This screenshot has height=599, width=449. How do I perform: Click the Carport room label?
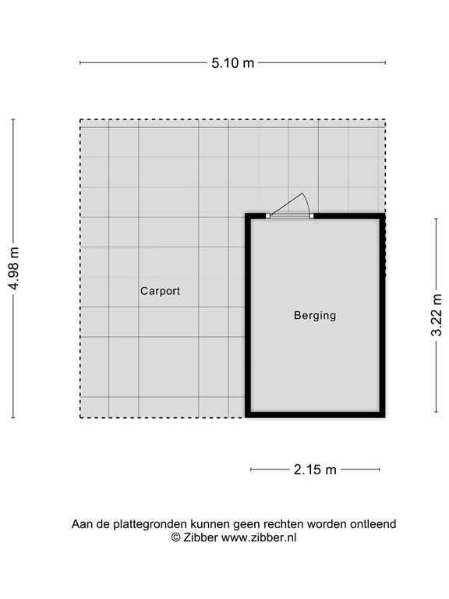click(160, 291)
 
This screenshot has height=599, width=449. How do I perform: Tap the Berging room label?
click(315, 316)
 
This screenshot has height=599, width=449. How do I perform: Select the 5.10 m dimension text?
click(233, 63)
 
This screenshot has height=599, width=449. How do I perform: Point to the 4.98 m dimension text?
click(13, 268)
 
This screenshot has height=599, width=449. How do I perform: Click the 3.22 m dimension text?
click(437, 315)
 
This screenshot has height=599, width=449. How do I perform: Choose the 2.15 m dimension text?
click(315, 470)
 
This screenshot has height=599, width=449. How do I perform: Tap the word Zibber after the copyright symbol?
click(201, 537)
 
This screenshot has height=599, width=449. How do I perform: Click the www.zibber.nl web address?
click(259, 537)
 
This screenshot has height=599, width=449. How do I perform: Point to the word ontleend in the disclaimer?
click(373, 524)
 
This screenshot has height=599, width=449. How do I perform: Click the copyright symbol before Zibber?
click(176, 537)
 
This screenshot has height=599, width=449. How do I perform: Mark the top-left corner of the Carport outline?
click(80, 120)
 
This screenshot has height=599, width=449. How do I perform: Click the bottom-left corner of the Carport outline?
click(80, 418)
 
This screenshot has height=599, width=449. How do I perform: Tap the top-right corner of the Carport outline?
click(385, 120)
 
